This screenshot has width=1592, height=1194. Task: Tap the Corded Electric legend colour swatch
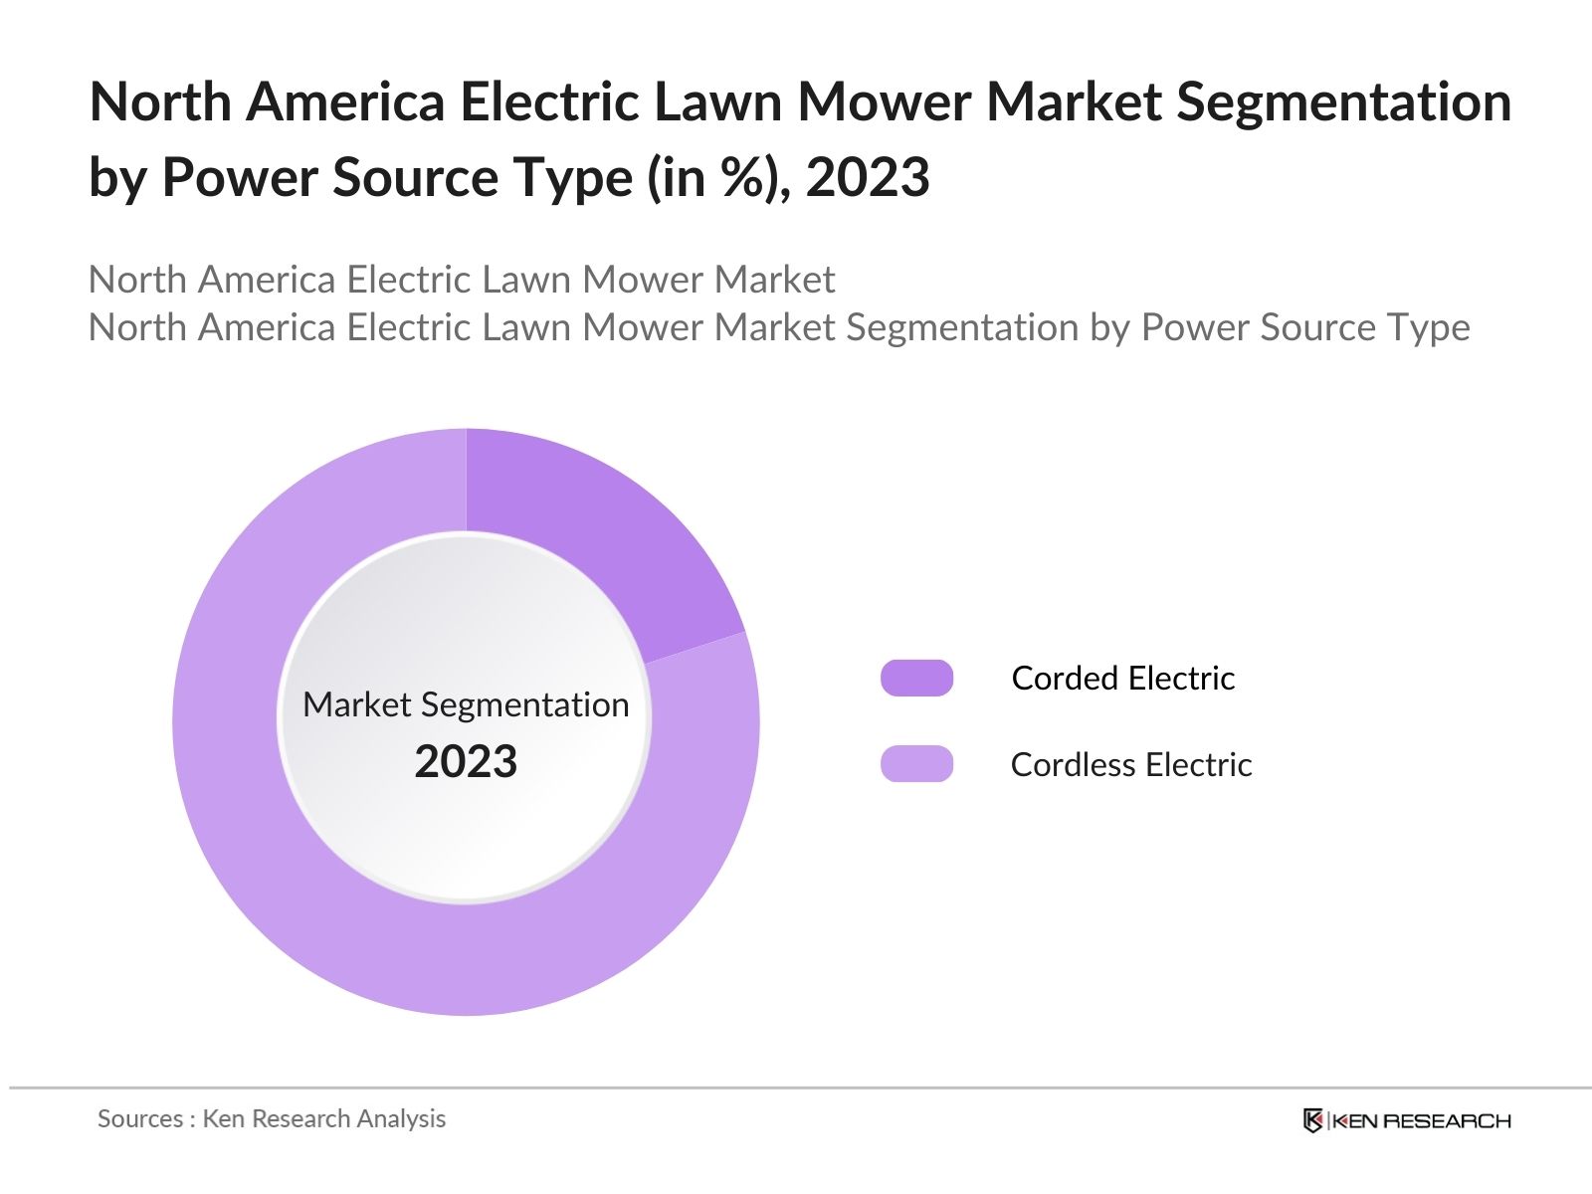click(x=916, y=678)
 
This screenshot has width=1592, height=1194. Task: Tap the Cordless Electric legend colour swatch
click(x=916, y=764)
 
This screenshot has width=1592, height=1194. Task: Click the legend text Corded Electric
click(x=1122, y=678)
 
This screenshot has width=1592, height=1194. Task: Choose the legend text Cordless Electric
click(x=1130, y=764)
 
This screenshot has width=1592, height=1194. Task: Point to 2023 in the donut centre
click(x=466, y=762)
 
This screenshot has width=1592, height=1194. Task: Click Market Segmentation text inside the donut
click(x=466, y=704)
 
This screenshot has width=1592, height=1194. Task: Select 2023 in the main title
click(x=867, y=177)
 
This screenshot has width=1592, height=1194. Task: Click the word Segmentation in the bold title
click(x=1343, y=101)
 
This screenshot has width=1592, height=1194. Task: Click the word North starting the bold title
click(x=160, y=101)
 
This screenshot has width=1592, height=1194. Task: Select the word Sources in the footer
click(x=139, y=1118)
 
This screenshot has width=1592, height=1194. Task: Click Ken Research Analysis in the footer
click(x=323, y=1118)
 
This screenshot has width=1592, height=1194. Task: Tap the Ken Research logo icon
click(x=1313, y=1120)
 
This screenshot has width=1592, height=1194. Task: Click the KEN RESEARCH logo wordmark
click(x=1421, y=1121)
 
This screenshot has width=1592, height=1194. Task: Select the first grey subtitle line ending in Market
click(x=461, y=280)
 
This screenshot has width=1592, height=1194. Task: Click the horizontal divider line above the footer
click(x=796, y=1089)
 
